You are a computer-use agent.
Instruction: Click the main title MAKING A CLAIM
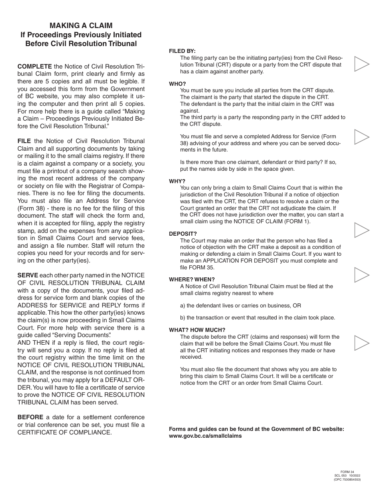click(81, 26)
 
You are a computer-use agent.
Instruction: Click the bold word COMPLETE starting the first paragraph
click(34, 66)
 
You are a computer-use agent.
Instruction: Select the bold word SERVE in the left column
click(28, 275)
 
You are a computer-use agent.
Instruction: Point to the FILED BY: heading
click(182, 51)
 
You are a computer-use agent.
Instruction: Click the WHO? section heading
click(177, 84)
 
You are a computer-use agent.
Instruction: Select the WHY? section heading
click(177, 181)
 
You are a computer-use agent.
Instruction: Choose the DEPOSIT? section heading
click(183, 234)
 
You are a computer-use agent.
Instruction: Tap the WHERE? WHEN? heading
click(192, 279)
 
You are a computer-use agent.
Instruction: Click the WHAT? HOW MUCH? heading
click(197, 330)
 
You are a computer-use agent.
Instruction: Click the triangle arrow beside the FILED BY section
click(361, 64)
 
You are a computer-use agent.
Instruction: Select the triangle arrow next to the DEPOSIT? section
click(361, 230)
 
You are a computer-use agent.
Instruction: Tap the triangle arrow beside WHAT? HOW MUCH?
click(361, 343)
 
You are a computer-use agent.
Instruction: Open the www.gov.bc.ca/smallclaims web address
click(205, 436)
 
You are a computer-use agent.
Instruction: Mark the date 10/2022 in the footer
click(355, 476)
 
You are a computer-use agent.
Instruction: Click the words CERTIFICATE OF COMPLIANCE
click(64, 432)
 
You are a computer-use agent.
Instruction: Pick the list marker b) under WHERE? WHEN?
click(182, 317)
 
